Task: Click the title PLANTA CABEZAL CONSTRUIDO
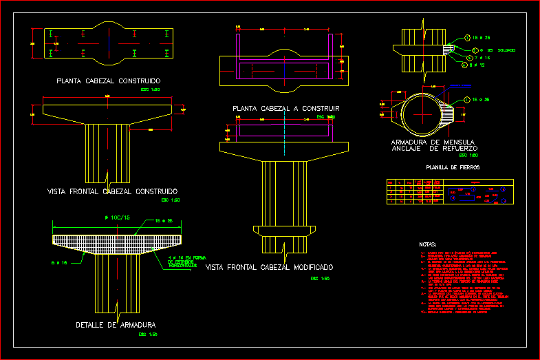(x=109, y=81)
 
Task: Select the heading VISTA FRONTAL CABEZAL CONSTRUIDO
(x=112, y=191)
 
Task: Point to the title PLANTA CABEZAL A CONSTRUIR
(x=286, y=109)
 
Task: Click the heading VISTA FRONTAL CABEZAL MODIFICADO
(x=270, y=266)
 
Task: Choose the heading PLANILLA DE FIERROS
(x=453, y=167)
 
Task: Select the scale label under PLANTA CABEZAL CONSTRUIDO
(x=149, y=90)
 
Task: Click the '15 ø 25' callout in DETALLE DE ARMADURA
(x=165, y=221)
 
